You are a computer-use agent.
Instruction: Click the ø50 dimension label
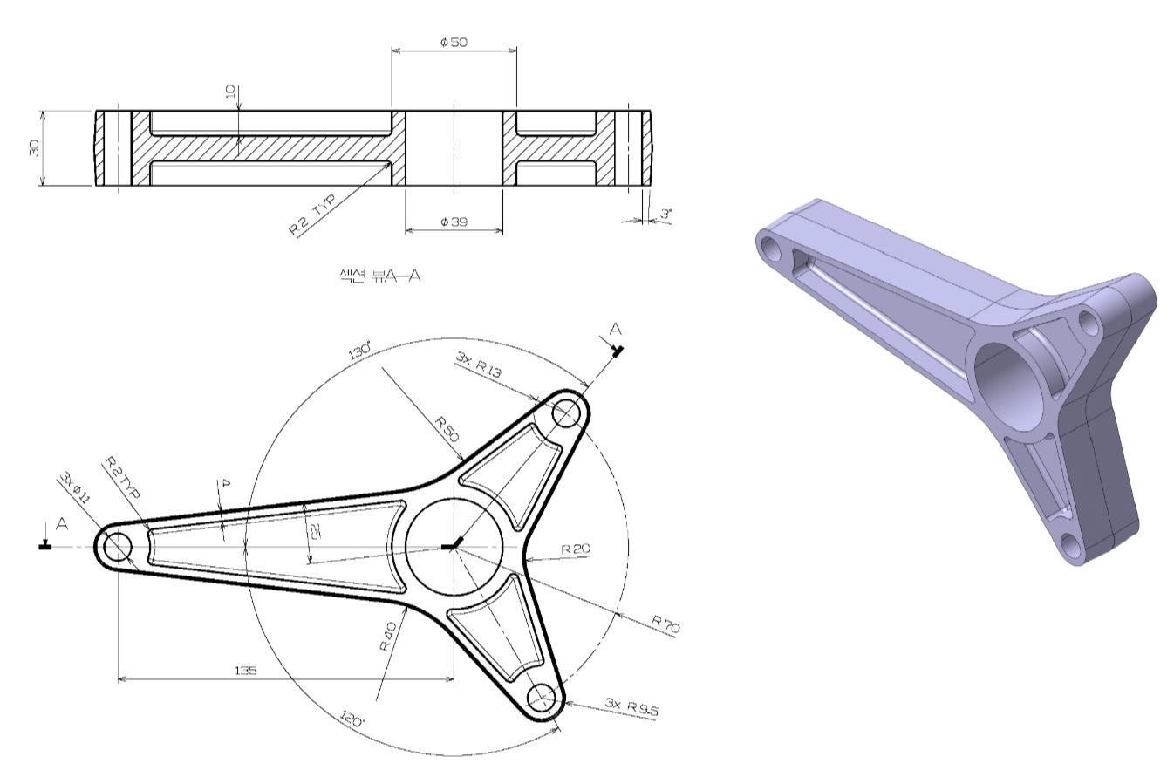click(x=454, y=42)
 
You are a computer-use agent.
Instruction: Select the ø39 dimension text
click(x=454, y=222)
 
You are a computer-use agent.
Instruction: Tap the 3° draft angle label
click(x=665, y=214)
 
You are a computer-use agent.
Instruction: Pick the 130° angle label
click(x=360, y=350)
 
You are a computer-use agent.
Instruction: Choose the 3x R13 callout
click(x=478, y=365)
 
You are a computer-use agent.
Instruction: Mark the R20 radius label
click(x=576, y=549)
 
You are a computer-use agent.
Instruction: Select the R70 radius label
click(x=665, y=624)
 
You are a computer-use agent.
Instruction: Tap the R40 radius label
click(x=389, y=637)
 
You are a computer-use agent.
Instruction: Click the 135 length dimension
click(x=246, y=671)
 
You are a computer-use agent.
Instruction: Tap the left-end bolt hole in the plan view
click(x=118, y=548)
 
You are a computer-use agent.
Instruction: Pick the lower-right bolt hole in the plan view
click(x=543, y=698)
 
